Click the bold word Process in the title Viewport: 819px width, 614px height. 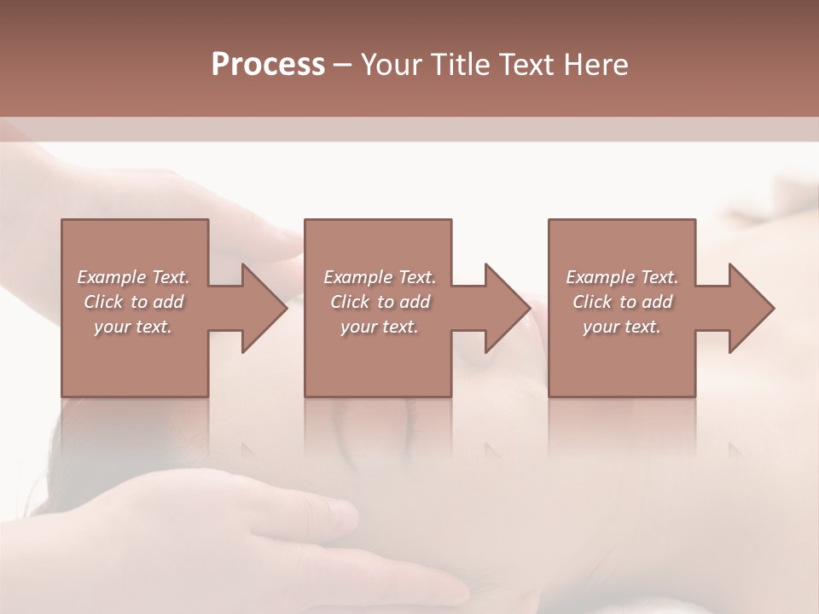coord(268,65)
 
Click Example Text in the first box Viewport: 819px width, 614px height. coord(133,277)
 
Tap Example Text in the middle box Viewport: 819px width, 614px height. coord(379,277)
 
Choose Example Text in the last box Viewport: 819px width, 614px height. coord(622,277)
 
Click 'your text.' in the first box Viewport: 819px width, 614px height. coord(133,327)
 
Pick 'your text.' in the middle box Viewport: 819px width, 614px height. coord(379,327)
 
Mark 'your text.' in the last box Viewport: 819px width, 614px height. coord(622,327)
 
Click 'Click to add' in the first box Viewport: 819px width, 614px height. coord(133,302)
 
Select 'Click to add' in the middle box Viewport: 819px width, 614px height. coord(379,302)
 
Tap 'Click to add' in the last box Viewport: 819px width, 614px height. coord(622,302)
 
